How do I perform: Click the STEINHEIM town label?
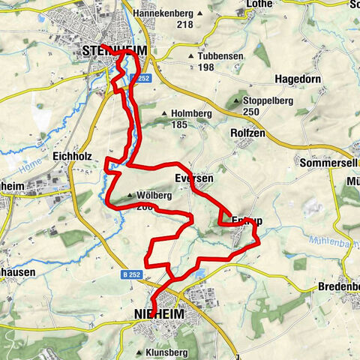(x=112, y=51)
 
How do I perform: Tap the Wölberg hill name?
(x=154, y=195)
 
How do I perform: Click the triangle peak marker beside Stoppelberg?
(x=237, y=101)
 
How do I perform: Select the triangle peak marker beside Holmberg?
(x=164, y=114)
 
